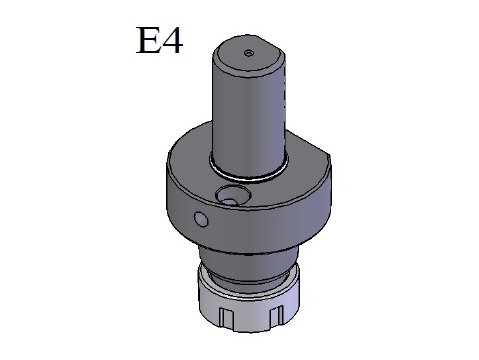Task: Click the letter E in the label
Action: tap(147, 40)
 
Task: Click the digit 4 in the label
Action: tap(172, 41)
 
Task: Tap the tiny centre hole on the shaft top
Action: tap(249, 53)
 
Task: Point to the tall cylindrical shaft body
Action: tap(249, 117)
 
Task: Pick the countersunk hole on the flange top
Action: tap(233, 195)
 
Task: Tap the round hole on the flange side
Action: tap(201, 219)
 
